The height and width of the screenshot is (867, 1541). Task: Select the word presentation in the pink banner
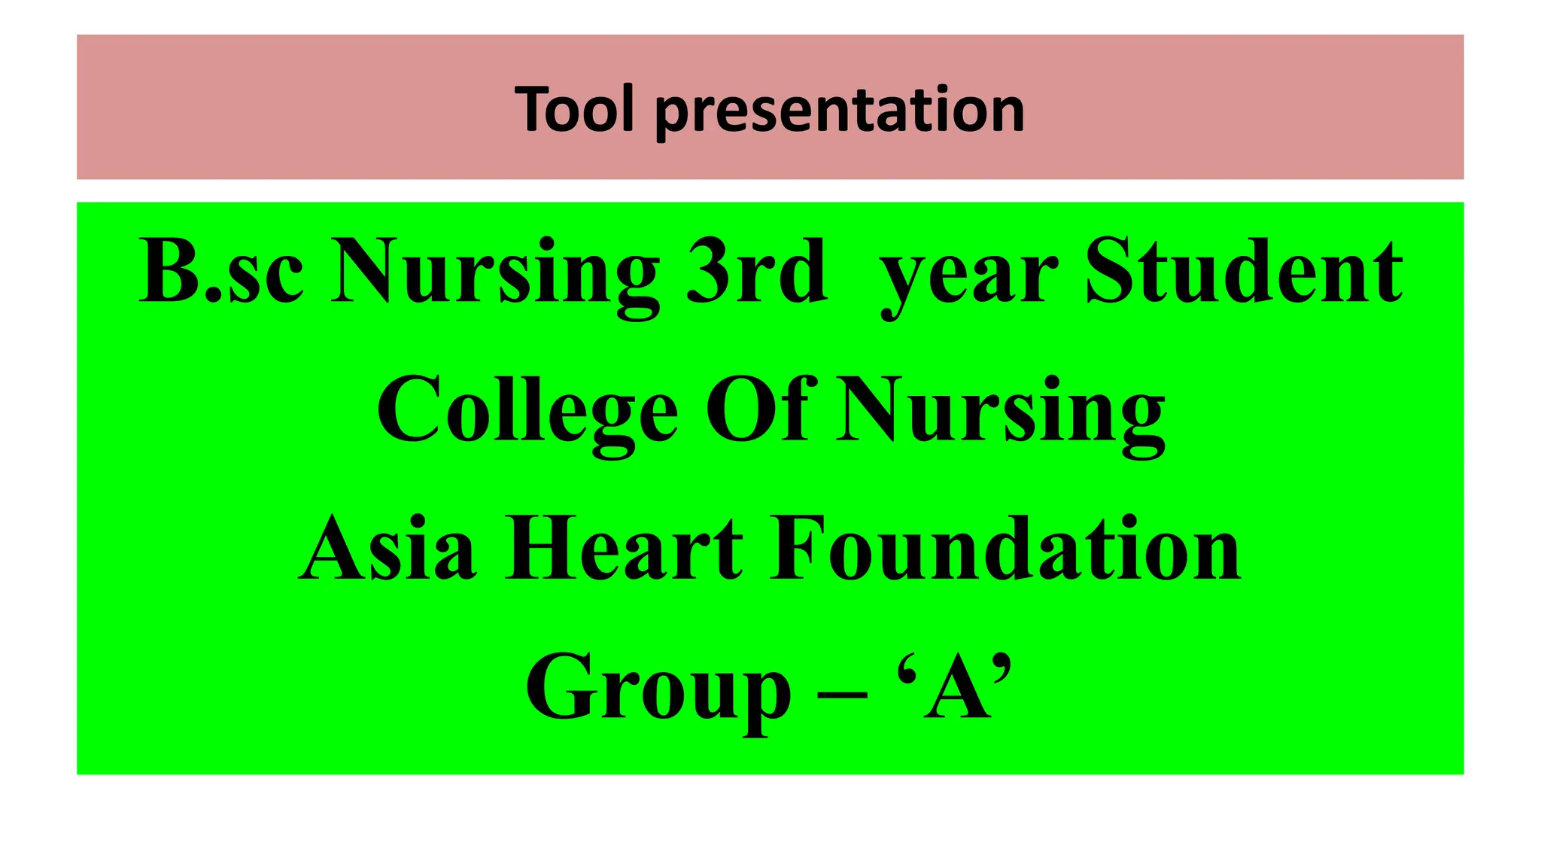839,111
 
